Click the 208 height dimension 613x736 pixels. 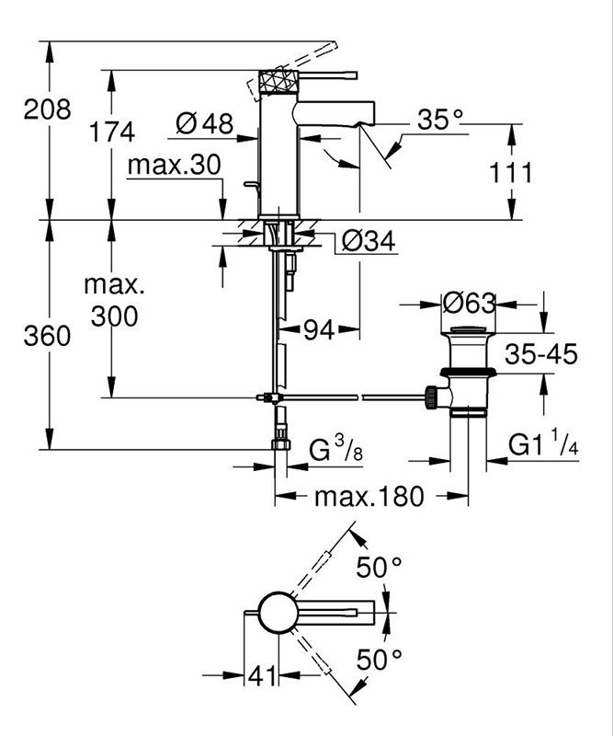pyautogui.click(x=48, y=109)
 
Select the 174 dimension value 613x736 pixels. pyautogui.click(x=112, y=132)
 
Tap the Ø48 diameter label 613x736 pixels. pyautogui.click(x=205, y=124)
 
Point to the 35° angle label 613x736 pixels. pyautogui.click(x=440, y=120)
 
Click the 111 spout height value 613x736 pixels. pyautogui.click(x=511, y=173)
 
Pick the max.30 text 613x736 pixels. pyautogui.click(x=174, y=166)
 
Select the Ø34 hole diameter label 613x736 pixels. pyautogui.click(x=369, y=242)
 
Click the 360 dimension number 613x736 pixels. pyautogui.click(x=48, y=336)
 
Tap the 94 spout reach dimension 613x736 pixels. pyautogui.click(x=319, y=330)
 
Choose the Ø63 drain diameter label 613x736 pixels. pyautogui.click(x=469, y=304)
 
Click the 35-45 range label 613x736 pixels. pyautogui.click(x=541, y=354)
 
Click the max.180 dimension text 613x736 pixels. pyautogui.click(x=369, y=496)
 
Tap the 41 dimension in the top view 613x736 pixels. pyautogui.click(x=262, y=676)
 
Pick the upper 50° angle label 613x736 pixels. pyautogui.click(x=379, y=567)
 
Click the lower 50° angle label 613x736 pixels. pyautogui.click(x=379, y=660)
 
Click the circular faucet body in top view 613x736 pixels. pyautogui.click(x=278, y=613)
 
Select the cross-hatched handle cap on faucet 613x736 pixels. pyautogui.click(x=279, y=82)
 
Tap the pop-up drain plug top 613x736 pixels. pyautogui.click(x=468, y=329)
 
